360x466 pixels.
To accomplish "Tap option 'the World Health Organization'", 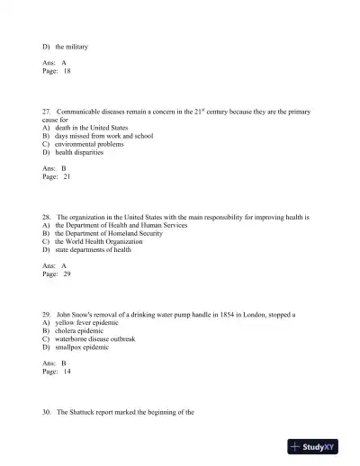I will coord(103,241).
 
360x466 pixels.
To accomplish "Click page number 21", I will coord(67,176).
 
